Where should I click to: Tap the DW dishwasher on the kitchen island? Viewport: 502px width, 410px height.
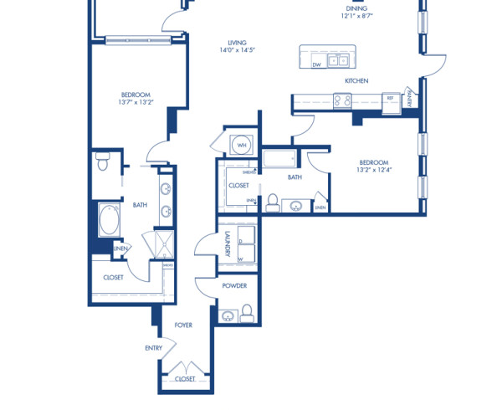coord(316,64)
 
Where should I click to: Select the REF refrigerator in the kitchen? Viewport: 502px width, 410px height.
coord(390,99)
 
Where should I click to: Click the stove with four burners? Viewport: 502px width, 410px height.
coord(343,100)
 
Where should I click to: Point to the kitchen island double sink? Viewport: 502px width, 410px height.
coord(338,59)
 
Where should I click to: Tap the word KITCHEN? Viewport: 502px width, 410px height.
coord(357,81)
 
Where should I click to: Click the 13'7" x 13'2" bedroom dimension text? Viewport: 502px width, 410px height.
coord(136,104)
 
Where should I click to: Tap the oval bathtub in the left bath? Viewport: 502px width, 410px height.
coord(110,222)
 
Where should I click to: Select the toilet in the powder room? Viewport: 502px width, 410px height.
coord(247,315)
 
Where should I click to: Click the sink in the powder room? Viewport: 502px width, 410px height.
coord(228,316)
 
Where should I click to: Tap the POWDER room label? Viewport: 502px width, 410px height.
coord(233,286)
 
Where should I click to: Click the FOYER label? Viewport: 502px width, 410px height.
coord(183,325)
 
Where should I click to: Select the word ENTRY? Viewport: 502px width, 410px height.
coord(154,347)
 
